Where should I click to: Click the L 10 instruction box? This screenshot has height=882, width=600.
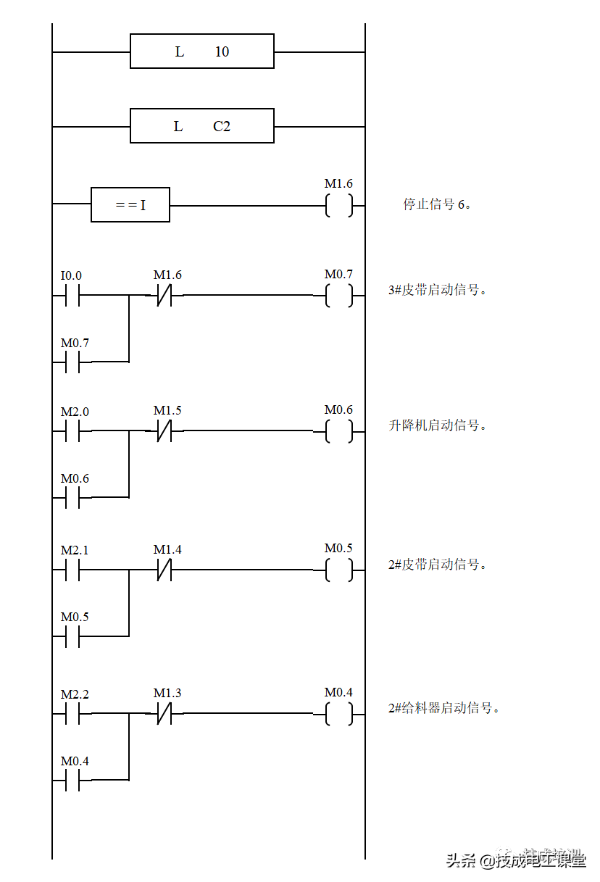coord(201,51)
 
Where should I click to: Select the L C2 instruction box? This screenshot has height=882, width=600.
coord(201,126)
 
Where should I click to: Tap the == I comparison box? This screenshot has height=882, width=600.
coord(130,205)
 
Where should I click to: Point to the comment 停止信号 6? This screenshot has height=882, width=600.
coord(450,205)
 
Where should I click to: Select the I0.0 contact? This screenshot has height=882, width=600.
coord(75,276)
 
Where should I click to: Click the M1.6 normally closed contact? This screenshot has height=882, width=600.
coord(168,276)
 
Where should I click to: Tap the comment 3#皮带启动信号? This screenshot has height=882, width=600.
coord(443,291)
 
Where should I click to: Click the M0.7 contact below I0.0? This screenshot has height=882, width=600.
coord(75,343)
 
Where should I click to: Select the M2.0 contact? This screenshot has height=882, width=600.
coord(75,412)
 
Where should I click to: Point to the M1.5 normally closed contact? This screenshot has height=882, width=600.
coord(168,411)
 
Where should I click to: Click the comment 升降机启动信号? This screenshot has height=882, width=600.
coord(443,426)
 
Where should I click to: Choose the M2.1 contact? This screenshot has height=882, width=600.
coord(75,551)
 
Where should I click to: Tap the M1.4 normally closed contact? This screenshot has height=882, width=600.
coord(168,550)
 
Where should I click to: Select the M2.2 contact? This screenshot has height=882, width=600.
coord(75,694)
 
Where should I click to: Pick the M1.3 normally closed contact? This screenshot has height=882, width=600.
coord(168,694)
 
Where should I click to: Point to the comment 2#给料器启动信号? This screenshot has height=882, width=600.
coord(456,709)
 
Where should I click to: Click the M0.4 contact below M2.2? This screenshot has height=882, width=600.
coord(75,761)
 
